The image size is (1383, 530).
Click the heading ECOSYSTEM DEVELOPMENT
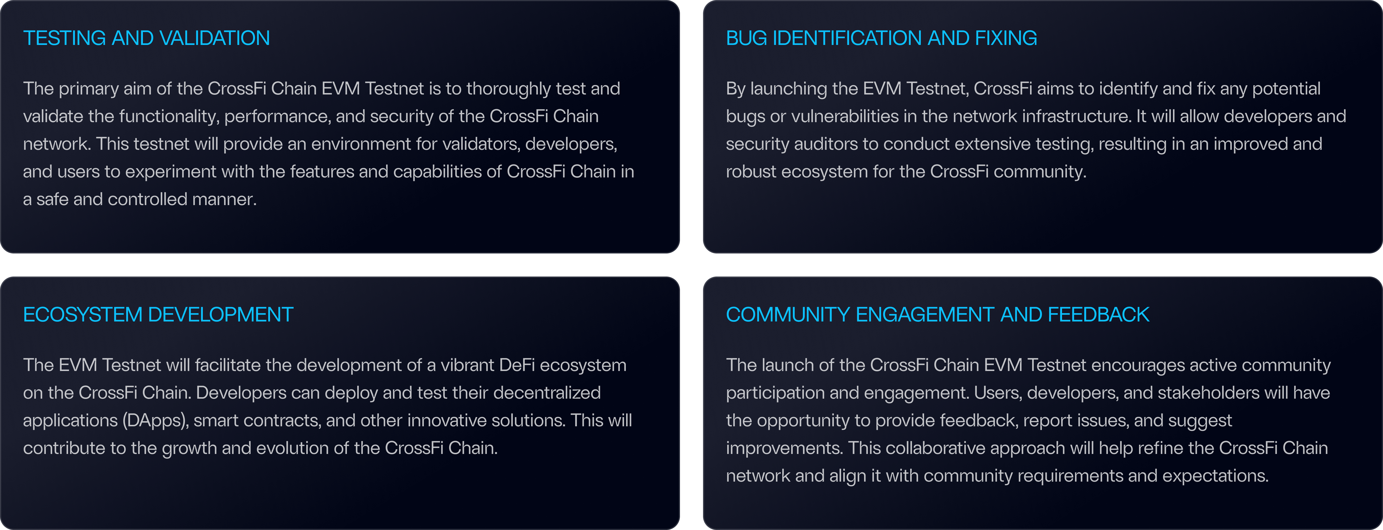click(158, 315)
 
